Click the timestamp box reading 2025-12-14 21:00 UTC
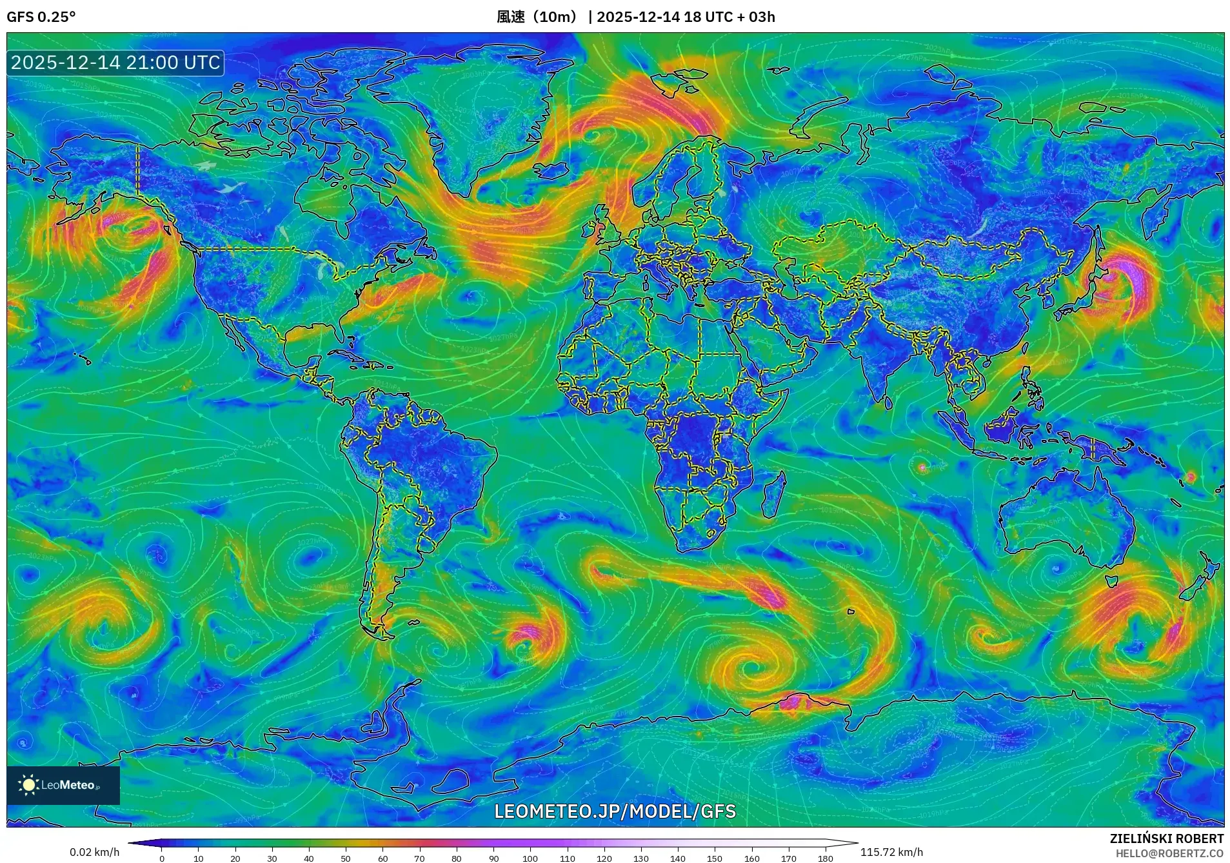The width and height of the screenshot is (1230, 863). tap(115, 63)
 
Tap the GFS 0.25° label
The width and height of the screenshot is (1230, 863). tap(41, 17)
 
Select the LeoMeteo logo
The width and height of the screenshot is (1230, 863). tap(63, 785)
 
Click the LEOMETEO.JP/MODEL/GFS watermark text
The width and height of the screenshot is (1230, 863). tap(615, 811)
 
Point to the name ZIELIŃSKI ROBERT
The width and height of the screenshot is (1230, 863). tap(1166, 838)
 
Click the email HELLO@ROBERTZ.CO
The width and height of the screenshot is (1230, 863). tap(1169, 853)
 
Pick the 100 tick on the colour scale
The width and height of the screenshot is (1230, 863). tap(530, 858)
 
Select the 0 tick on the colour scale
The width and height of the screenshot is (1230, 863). tap(162, 858)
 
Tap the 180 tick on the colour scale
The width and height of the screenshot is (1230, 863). tap(826, 858)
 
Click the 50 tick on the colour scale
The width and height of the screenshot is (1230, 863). tap(346, 858)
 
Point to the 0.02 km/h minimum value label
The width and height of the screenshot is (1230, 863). tap(95, 852)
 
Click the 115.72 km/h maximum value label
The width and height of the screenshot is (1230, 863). tap(891, 852)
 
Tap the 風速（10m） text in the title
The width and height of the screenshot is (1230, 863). tap(537, 17)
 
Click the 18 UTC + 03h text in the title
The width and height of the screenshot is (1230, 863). tap(729, 17)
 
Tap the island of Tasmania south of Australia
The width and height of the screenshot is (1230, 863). tap(1112, 581)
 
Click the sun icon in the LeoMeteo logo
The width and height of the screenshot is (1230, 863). tap(29, 785)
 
